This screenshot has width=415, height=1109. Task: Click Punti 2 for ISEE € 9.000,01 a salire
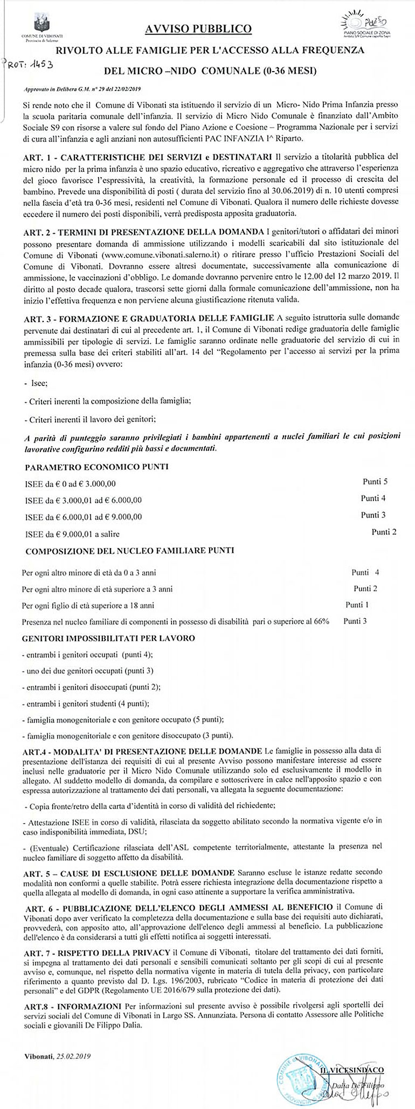click(384, 532)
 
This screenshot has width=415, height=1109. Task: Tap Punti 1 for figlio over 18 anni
click(357, 603)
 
